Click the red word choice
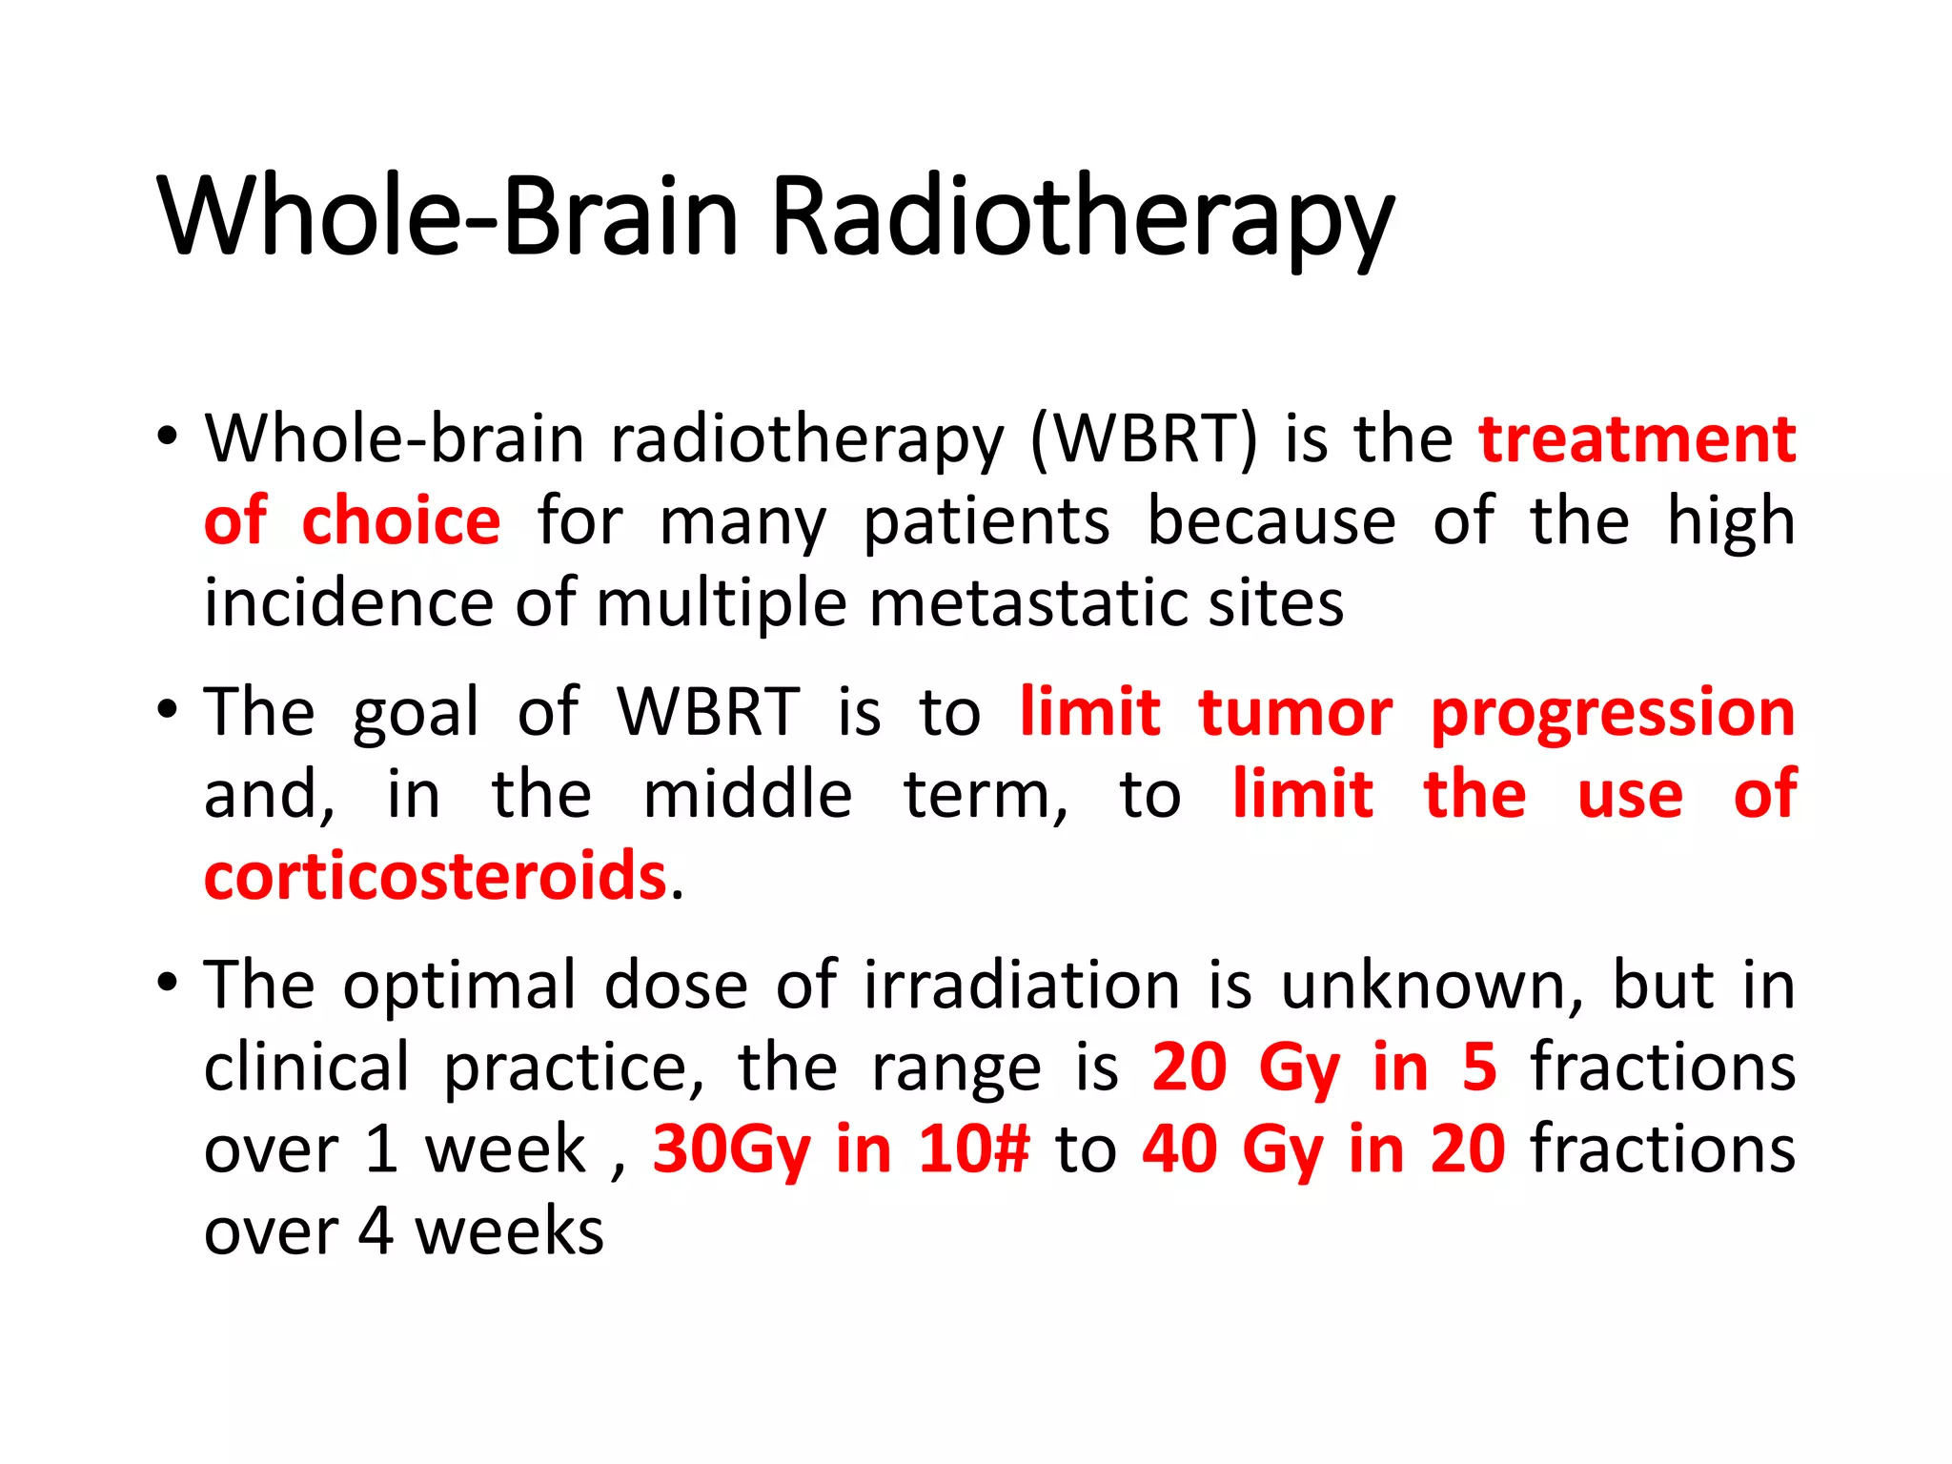(x=400, y=521)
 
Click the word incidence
(x=348, y=604)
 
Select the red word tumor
(x=1295, y=712)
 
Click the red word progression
(x=1613, y=712)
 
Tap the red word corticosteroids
(x=435, y=876)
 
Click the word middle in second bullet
(x=747, y=794)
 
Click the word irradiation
(x=1022, y=985)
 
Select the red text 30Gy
(x=731, y=1149)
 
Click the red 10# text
(x=973, y=1149)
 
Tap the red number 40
(x=1180, y=1149)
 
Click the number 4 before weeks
(x=376, y=1230)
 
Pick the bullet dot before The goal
(x=168, y=710)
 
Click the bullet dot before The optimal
(x=168, y=983)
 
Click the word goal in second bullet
(x=416, y=714)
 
